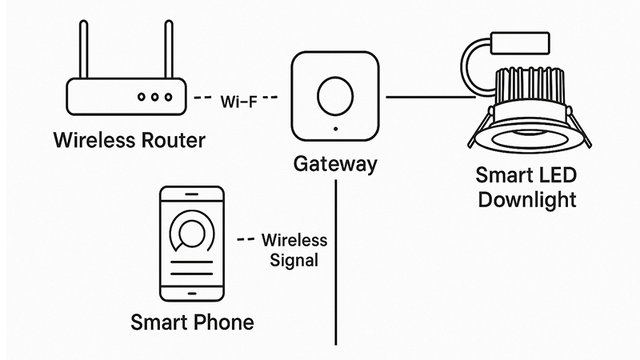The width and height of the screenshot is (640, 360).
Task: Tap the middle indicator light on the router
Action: pos(154,97)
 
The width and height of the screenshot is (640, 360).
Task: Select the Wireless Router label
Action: pos(129,141)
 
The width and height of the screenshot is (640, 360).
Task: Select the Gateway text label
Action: pos(334,165)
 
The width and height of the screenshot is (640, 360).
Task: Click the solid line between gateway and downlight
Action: pos(428,98)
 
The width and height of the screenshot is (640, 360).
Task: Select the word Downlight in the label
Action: pos(526,199)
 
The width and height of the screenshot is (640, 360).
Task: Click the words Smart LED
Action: pos(526,174)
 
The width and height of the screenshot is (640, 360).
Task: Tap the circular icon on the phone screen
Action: pos(191,234)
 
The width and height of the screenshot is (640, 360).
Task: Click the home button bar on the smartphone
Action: pos(192,295)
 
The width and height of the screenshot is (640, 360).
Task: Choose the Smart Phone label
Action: pos(192,323)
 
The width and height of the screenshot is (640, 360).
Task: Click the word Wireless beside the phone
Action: pos(294,240)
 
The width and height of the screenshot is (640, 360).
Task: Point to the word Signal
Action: pos(294,260)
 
